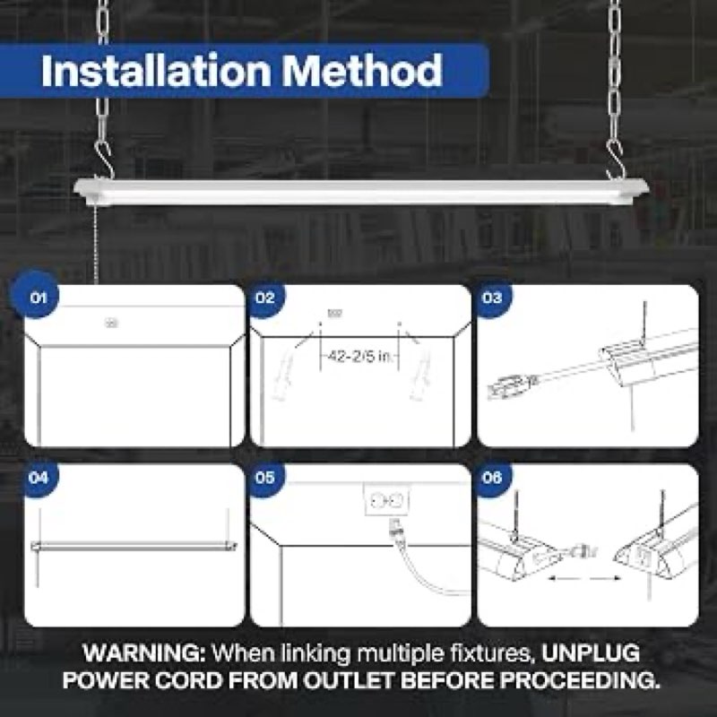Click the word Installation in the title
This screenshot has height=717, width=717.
155,71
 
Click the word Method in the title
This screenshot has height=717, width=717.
362,71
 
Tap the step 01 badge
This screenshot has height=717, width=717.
38,298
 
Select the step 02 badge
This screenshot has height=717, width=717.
264,298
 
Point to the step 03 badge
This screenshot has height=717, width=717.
492,298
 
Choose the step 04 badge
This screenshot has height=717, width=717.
38,478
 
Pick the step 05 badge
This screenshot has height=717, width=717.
264,478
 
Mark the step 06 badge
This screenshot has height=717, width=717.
492,478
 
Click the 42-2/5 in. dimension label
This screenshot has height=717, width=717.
360,357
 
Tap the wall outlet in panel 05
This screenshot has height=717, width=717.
387,500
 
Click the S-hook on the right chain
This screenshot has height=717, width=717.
616,160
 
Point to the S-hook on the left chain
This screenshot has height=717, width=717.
103,160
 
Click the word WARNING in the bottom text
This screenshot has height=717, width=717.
144,652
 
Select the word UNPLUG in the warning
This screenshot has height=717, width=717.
591,652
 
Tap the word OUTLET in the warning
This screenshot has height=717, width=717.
349,680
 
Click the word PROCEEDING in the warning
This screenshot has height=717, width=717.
580,680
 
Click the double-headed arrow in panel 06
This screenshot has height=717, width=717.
583,578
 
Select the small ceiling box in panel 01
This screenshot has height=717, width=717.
111,324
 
